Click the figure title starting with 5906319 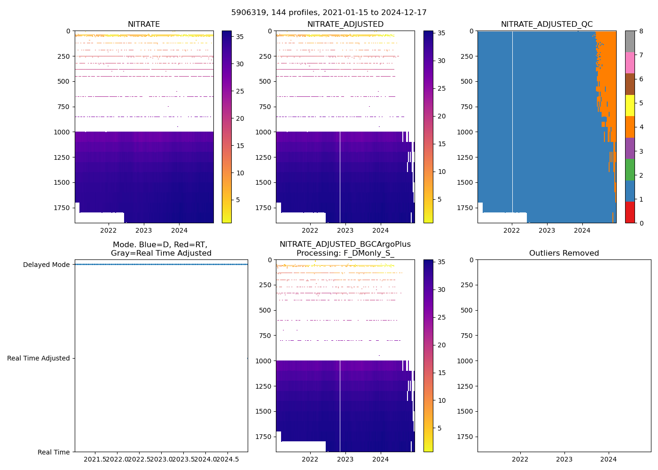coord(329,13)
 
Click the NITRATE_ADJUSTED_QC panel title coord(547,24)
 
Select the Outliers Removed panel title coord(564,253)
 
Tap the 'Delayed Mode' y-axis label coord(46,265)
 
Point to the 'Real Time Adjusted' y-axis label coord(38,358)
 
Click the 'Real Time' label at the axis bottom coord(54,452)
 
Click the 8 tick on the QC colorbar coord(641,31)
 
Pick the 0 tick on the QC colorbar coord(641,223)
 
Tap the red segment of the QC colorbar coord(630,212)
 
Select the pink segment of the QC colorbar coord(630,63)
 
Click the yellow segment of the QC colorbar coord(630,106)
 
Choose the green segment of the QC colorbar coord(630,170)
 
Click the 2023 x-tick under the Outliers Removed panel coord(564,459)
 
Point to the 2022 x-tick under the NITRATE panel coord(108,230)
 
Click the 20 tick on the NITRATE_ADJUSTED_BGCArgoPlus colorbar coord(442,345)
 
